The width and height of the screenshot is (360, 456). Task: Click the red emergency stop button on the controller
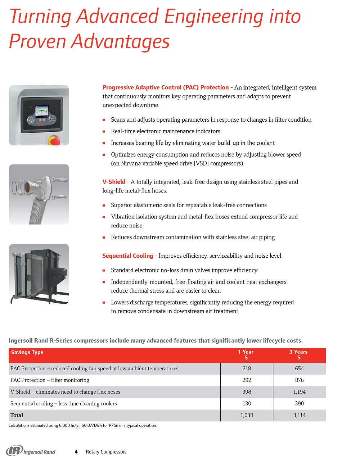point(55,141)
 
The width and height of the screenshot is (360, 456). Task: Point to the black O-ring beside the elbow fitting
point(14,186)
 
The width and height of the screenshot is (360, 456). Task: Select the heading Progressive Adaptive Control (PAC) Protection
point(165,87)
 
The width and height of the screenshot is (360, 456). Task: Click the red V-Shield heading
point(114,182)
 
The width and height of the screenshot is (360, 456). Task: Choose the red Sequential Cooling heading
point(127,256)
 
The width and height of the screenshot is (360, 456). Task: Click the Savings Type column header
point(27,352)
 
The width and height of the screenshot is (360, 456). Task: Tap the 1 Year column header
point(246,355)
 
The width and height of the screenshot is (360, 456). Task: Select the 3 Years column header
point(298,355)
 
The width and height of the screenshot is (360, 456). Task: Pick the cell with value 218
point(247,369)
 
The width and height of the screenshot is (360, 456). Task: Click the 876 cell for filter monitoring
point(299,380)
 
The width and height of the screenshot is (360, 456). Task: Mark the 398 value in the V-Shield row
point(247,392)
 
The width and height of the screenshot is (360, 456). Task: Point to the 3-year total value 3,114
point(299,415)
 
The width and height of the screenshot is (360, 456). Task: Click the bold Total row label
point(17,415)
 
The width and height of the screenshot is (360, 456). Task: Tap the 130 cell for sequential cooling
point(247,403)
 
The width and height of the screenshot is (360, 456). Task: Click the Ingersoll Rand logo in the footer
point(31,451)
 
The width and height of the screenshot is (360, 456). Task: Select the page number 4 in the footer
point(76,452)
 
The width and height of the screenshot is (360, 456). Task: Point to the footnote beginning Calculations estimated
point(82,425)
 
